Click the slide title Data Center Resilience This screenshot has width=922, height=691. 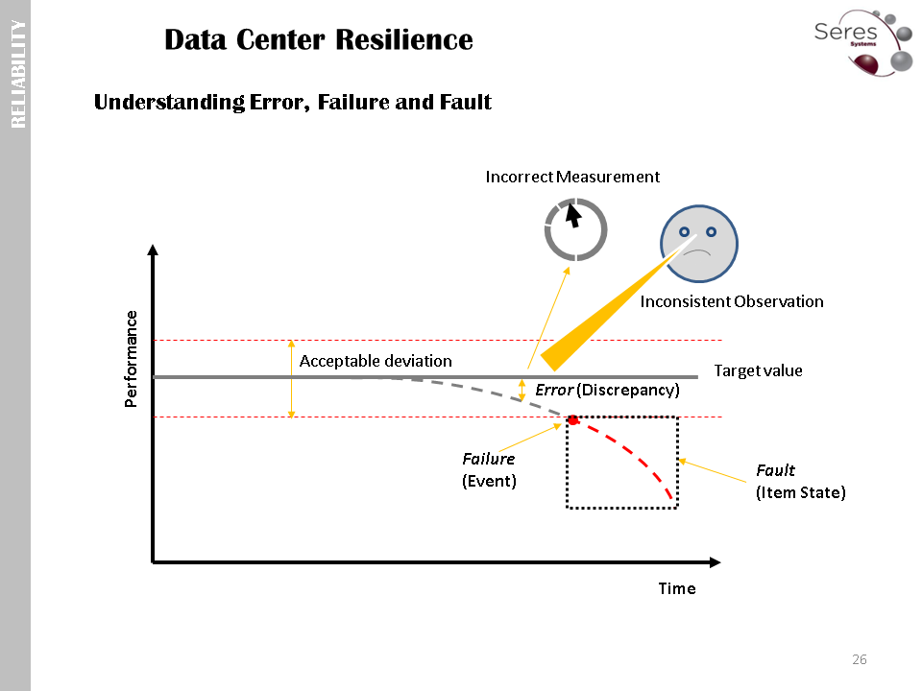click(x=318, y=40)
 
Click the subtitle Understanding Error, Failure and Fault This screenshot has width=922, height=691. click(x=293, y=102)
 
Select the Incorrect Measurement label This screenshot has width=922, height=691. click(x=572, y=177)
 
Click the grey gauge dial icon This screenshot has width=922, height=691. click(x=575, y=229)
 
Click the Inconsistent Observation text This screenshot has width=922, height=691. click(x=732, y=301)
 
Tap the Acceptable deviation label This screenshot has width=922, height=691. click(x=376, y=361)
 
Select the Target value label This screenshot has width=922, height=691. click(x=758, y=370)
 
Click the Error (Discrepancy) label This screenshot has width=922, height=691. click(x=607, y=390)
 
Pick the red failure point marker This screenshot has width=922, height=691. click(x=572, y=420)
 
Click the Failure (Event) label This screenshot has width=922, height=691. click(x=489, y=470)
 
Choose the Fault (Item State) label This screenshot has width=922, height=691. click(x=800, y=482)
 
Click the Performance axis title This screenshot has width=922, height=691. click(x=132, y=359)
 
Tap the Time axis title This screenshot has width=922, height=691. click(x=676, y=588)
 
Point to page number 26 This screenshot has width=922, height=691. click(x=860, y=659)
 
